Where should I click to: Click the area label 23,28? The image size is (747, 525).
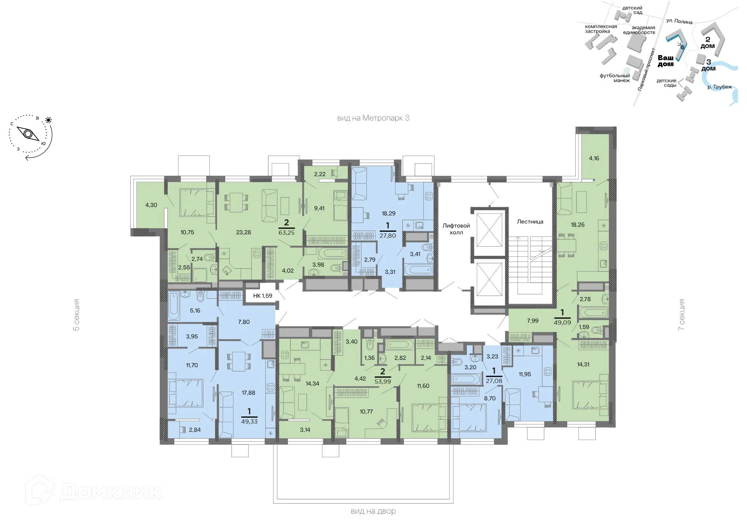coord(243,232)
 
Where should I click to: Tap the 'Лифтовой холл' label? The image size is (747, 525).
coord(456,229)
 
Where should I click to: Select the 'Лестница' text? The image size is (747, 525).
coord(530,222)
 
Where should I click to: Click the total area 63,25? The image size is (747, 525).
coord(286,233)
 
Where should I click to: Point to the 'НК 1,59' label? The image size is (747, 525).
coord(263,296)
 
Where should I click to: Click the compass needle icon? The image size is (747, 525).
coord(28,134)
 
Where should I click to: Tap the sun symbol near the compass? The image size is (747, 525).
coord(48,120)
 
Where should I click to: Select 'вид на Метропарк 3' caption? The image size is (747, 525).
coord(373,118)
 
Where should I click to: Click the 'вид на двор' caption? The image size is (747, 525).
coord(373,511)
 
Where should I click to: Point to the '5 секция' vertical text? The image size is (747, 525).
coord(77,315)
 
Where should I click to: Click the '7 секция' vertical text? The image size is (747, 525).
coord(681,315)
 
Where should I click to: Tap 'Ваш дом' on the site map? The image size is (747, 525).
coord(666,61)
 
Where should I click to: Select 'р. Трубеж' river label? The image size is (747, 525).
coord(719,87)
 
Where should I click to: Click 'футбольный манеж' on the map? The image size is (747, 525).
coord(615,78)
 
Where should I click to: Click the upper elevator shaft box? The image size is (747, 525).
coord(489,229)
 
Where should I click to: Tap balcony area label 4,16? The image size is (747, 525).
coord(594,158)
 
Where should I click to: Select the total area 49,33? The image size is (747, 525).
coord(249,422)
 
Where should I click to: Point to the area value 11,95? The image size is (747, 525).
coord(524,374)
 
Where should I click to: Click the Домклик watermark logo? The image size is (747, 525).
coord(93,492)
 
